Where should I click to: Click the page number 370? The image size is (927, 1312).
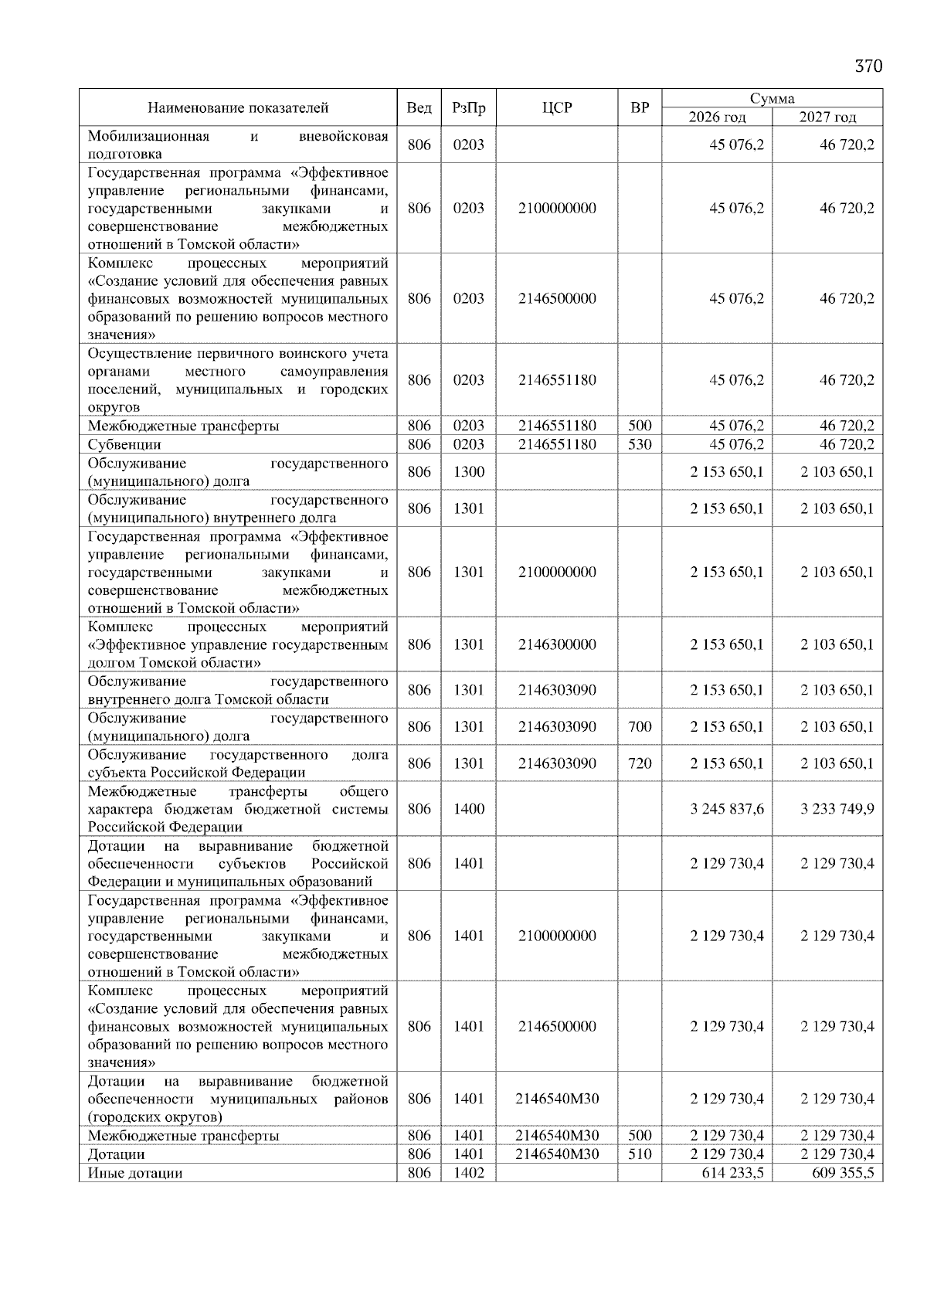click(x=868, y=66)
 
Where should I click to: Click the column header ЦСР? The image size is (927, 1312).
click(x=557, y=108)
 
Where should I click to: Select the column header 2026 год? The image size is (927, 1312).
click(x=717, y=117)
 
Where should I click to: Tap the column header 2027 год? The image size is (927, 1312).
click(x=827, y=117)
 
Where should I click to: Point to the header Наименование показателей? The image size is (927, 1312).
click(x=238, y=108)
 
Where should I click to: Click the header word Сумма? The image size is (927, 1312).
click(x=772, y=98)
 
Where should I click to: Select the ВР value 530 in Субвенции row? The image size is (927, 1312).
click(x=640, y=445)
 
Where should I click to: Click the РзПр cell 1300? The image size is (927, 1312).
click(x=468, y=472)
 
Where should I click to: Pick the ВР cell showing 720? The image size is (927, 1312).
click(x=640, y=764)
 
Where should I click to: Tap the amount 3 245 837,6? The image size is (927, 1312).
click(x=727, y=809)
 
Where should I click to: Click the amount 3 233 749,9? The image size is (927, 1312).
click(x=837, y=809)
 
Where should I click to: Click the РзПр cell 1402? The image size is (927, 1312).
click(x=468, y=1173)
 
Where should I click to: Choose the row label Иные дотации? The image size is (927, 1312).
click(x=135, y=1173)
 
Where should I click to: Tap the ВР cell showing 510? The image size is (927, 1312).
click(x=640, y=1154)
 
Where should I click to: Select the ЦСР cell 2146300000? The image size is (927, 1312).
click(x=557, y=645)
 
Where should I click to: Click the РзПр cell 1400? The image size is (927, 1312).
click(x=468, y=809)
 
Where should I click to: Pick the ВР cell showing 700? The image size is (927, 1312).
click(x=640, y=727)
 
